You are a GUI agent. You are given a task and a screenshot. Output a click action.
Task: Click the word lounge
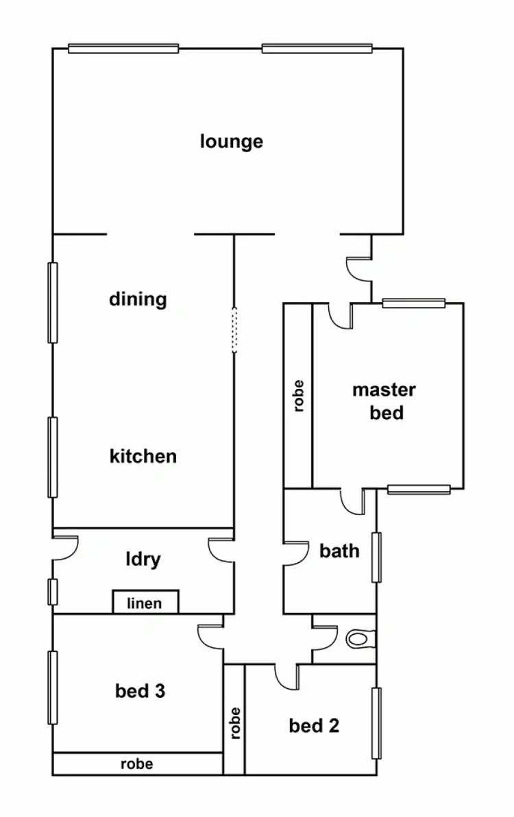232,142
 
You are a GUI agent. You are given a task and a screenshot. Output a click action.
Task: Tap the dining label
138,299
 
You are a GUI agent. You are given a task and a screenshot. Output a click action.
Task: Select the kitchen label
143,456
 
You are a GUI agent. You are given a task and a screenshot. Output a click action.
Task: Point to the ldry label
143,560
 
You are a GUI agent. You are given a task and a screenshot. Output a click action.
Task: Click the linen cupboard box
145,603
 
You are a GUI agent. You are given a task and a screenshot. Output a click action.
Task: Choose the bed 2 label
314,725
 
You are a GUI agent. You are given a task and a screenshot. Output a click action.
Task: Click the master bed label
384,401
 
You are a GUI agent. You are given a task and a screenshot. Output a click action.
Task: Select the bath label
339,550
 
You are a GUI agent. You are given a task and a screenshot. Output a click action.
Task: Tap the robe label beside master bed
298,396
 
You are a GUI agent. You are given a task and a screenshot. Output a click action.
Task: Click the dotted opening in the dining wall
234,330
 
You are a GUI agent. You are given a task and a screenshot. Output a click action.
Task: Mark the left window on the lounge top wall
123,48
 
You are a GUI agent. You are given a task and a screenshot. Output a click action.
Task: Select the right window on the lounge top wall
317,48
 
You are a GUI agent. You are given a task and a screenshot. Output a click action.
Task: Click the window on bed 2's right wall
376,723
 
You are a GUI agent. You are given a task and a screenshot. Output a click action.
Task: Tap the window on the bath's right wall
376,557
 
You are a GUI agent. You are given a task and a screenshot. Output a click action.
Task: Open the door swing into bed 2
286,676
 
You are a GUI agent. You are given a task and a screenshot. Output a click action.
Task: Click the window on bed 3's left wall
53,688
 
